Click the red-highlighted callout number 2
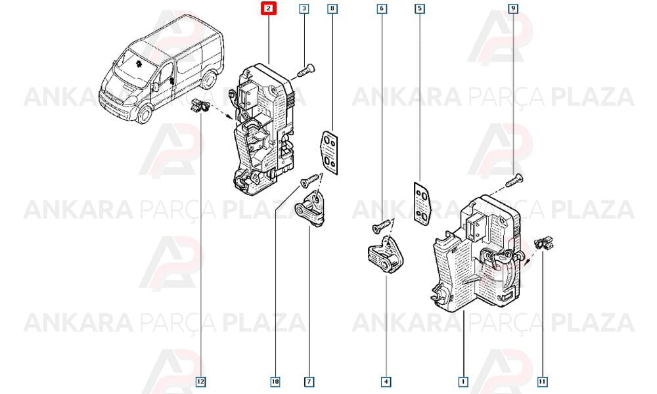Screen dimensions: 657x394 click(269, 9)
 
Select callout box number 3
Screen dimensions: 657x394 click(304, 9)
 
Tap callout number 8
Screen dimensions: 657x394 click(332, 9)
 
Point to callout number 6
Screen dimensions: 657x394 click(381, 9)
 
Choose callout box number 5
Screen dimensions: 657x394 click(419, 9)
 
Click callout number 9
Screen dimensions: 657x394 click(513, 9)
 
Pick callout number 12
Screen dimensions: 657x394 click(200, 382)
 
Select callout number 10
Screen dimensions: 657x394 click(275, 382)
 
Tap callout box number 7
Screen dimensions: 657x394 click(309, 382)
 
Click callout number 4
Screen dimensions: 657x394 click(386, 382)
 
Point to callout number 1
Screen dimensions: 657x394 click(463, 382)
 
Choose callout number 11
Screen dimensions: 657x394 click(542, 382)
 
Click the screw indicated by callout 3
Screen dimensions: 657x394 click(306, 70)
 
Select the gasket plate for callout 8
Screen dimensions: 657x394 click(329, 152)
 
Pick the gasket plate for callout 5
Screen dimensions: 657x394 click(422, 204)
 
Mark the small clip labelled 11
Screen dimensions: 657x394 click(544, 243)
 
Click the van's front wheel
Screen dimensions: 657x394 click(144, 114)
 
